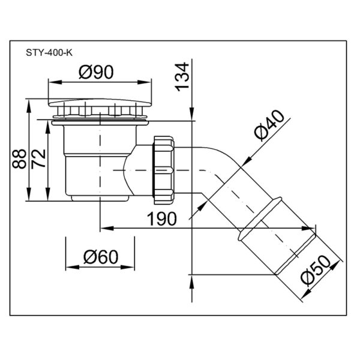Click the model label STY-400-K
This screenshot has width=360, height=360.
(49, 53)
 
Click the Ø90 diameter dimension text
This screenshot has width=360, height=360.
(96, 72)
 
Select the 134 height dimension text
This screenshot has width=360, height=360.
(182, 77)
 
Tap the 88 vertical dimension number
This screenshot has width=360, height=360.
(19, 158)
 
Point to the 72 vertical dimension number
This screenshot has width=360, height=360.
(38, 159)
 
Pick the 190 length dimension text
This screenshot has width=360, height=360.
(162, 219)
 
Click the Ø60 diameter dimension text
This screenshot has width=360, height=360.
(101, 257)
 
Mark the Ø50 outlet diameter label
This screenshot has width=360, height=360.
(315, 271)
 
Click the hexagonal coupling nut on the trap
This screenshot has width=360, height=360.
(164, 170)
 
